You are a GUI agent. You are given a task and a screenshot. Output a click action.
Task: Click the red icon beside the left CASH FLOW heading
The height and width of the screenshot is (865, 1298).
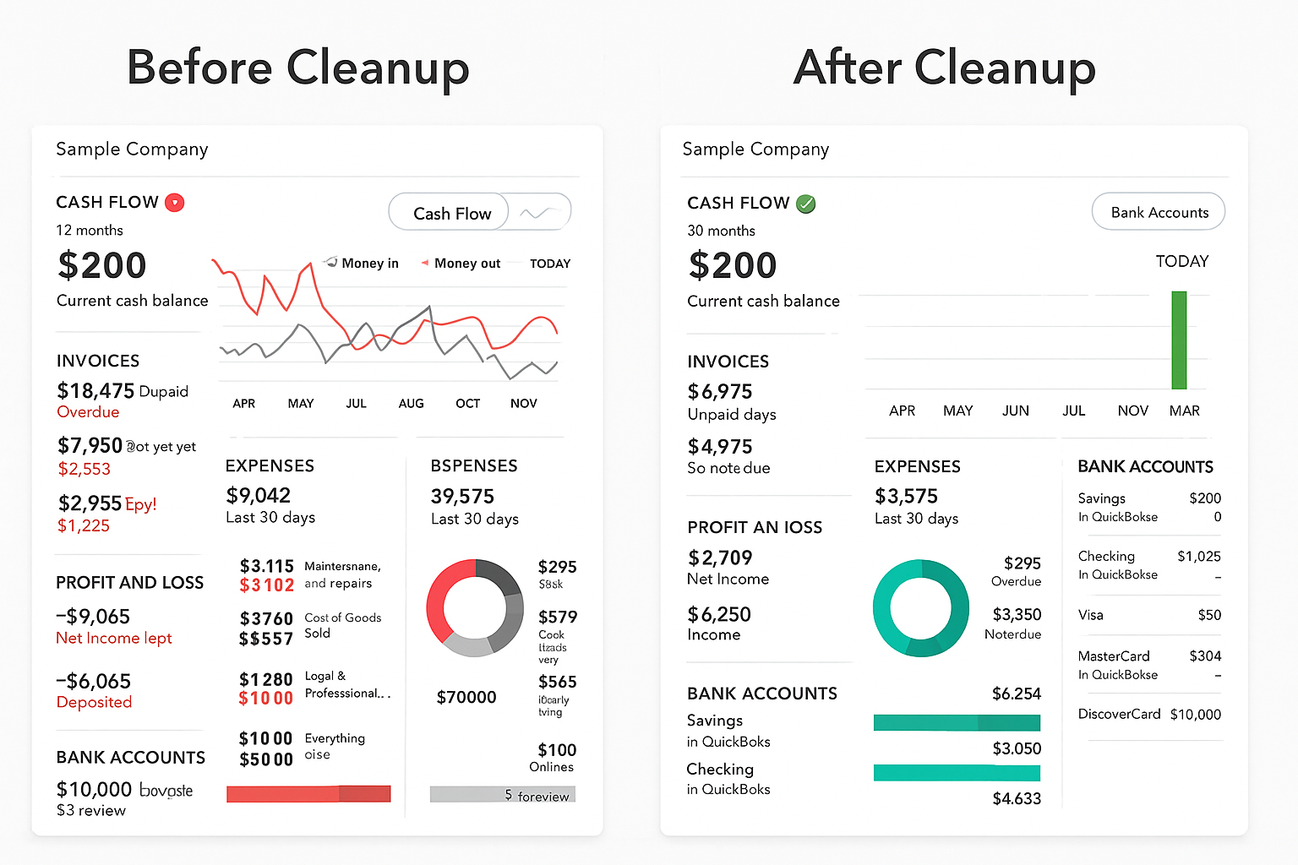[x=175, y=203]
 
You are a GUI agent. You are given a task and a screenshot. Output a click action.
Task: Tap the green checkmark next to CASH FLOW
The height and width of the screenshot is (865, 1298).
[x=806, y=204]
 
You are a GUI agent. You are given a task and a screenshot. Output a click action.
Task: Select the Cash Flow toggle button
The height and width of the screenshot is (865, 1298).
[x=451, y=214]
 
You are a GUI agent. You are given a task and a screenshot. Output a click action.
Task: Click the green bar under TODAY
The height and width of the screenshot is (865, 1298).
[x=1179, y=340]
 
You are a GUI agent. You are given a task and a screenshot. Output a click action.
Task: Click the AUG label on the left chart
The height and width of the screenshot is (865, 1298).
[x=411, y=404]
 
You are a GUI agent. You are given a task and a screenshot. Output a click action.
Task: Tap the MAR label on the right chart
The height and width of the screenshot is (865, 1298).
[x=1184, y=411]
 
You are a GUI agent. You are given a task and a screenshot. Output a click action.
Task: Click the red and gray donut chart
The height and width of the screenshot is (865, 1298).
[x=475, y=607]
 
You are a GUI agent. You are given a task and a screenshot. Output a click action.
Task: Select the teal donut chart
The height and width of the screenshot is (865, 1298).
[x=921, y=607]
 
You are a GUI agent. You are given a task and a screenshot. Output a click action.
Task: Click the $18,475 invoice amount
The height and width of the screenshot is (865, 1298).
[x=95, y=391]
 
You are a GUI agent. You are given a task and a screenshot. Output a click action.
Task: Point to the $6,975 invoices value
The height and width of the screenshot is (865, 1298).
[x=720, y=392]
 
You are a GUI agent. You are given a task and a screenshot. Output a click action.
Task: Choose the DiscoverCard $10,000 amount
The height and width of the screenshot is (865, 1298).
[x=1195, y=715]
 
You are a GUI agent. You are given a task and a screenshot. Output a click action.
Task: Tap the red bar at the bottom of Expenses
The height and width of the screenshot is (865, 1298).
[x=308, y=794]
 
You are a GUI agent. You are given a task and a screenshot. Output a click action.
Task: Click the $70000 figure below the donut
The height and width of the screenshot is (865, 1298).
[x=466, y=697]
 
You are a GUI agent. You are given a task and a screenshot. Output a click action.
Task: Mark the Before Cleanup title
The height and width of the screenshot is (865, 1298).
[x=297, y=68]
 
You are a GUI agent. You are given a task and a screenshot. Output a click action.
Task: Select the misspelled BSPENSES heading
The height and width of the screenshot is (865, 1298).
[x=474, y=466]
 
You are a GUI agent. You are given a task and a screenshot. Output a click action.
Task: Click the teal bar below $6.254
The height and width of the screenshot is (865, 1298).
[x=957, y=722]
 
